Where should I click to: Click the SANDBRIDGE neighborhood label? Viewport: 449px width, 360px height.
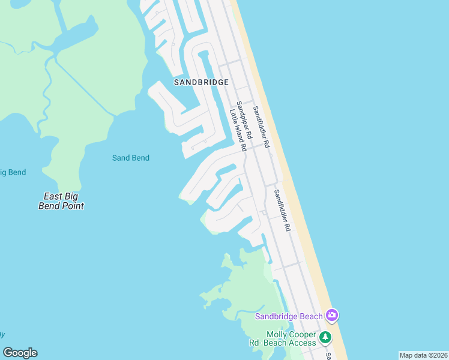click(x=202, y=82)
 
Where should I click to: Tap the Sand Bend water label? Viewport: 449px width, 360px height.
click(x=131, y=158)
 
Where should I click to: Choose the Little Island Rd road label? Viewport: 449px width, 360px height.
click(x=238, y=130)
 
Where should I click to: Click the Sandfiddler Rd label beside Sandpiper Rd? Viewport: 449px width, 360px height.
click(x=261, y=127)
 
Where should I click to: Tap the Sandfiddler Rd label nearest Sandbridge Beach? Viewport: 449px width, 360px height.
click(x=282, y=211)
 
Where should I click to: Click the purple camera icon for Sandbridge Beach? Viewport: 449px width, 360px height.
click(x=332, y=315)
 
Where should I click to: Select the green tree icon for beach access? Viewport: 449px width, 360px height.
click(x=325, y=337)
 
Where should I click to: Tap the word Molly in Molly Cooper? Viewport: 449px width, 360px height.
click(x=277, y=334)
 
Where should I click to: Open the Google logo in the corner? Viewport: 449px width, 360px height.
click(x=20, y=353)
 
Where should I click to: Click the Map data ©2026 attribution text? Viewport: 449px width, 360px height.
click(x=423, y=355)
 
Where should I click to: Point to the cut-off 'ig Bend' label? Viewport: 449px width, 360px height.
click(x=13, y=172)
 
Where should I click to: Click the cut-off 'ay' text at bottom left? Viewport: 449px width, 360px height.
click(x=2, y=334)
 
